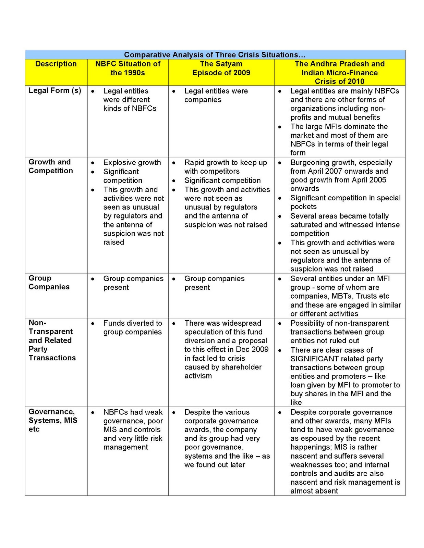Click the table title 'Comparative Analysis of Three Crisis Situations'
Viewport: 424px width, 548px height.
(x=215, y=55)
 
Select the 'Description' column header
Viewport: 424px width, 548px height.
(x=56, y=64)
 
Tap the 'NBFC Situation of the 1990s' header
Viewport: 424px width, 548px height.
(x=128, y=68)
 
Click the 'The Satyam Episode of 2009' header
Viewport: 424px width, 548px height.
(x=221, y=68)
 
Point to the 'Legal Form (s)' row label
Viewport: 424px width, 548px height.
(x=55, y=91)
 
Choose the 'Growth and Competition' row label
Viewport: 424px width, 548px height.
(x=51, y=166)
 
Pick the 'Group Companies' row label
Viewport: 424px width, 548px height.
(x=49, y=283)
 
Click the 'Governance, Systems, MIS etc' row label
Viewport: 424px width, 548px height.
(x=53, y=420)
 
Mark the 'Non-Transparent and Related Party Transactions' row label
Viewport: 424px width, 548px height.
(x=52, y=340)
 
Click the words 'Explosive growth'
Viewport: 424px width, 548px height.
(x=132, y=163)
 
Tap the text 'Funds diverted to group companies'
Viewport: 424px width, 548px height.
(x=133, y=328)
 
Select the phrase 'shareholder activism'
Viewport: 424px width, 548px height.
(x=223, y=372)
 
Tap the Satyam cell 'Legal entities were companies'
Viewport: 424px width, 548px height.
(x=216, y=96)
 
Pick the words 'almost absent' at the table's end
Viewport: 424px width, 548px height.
(x=314, y=491)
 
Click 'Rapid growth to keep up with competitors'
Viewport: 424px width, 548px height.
(x=226, y=167)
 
